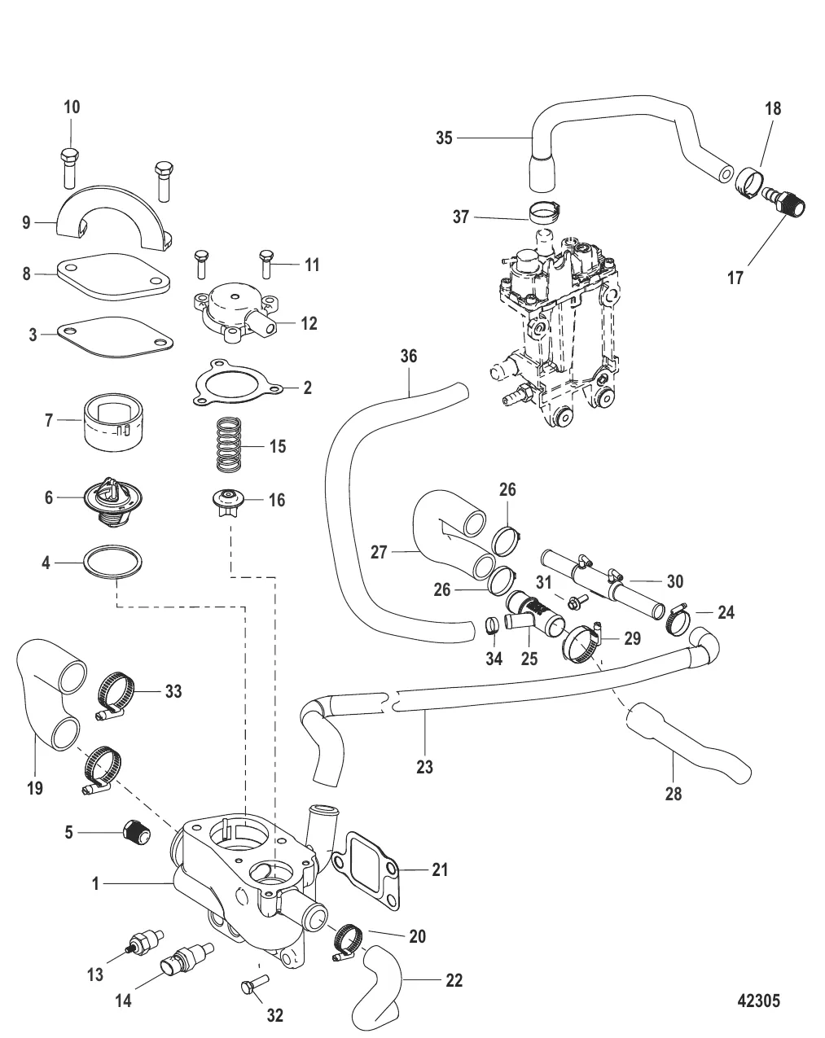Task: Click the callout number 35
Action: pos(444,138)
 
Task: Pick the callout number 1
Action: pos(96,883)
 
